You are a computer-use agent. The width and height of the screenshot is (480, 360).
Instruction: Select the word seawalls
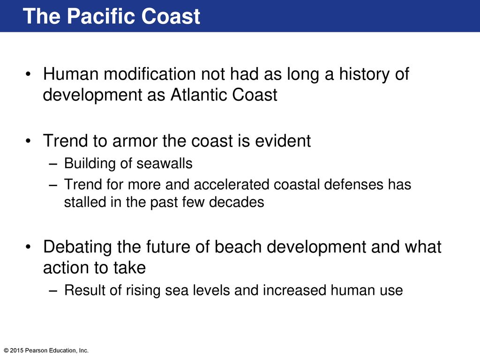tap(164, 163)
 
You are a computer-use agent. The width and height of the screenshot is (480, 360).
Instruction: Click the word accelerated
tap(231, 185)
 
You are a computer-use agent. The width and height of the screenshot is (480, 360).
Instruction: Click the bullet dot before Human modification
tap(28, 75)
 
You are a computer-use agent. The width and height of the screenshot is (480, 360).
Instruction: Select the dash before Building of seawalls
tap(53, 164)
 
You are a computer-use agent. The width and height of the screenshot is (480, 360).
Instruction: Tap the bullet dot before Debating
tap(28, 247)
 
